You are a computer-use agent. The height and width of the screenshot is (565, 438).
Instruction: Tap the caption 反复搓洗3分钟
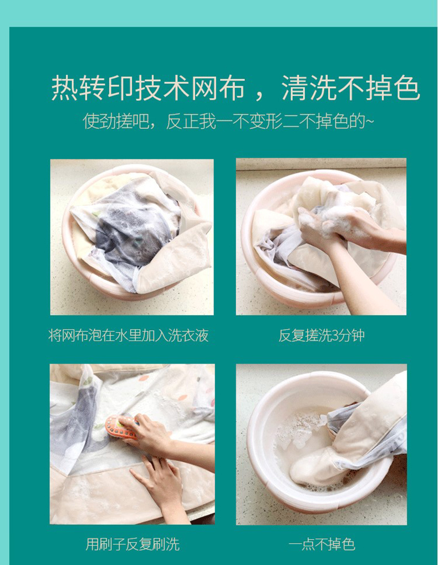322,335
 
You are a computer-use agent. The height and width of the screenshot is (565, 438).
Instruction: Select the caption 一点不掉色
322,544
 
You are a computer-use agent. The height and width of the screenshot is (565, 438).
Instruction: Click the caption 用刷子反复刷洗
132,544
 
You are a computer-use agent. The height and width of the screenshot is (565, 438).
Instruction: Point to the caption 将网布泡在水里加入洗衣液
129,335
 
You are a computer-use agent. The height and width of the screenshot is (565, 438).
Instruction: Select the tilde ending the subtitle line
370,122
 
